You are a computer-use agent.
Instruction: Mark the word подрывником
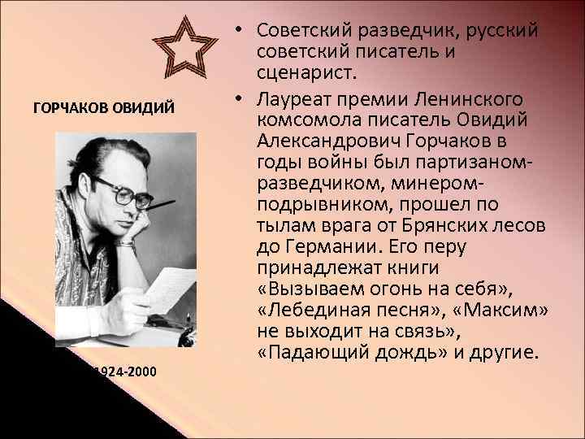pos(308,205)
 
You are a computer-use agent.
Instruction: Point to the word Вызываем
pos(305,289)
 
